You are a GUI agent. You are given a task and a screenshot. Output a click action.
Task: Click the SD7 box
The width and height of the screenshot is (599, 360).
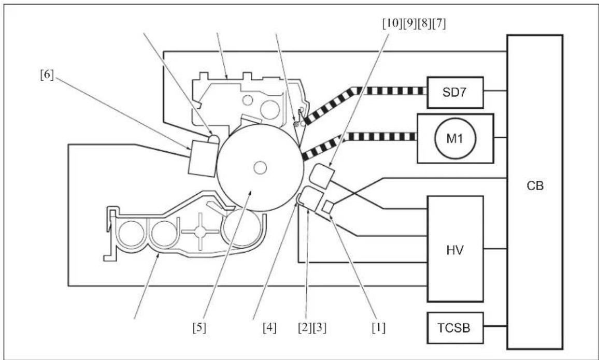click(455, 93)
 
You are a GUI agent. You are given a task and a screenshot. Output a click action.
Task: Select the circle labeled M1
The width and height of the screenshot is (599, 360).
click(454, 138)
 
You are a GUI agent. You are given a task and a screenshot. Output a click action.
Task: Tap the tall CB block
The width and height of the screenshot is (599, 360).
click(535, 192)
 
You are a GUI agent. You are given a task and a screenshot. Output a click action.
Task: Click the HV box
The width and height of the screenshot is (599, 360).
click(455, 249)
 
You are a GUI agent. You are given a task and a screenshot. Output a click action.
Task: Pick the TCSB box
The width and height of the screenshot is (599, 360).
click(455, 328)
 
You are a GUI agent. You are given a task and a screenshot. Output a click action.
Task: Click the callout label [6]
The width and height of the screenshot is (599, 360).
click(47, 75)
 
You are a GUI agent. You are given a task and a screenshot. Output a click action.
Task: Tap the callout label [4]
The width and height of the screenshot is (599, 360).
click(269, 328)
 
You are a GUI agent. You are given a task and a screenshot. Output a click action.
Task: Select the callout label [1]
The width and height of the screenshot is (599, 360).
click(378, 328)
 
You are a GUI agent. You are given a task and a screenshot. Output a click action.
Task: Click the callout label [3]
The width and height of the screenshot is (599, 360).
click(320, 328)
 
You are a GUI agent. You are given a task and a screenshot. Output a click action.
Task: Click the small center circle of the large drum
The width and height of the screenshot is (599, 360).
click(260, 167)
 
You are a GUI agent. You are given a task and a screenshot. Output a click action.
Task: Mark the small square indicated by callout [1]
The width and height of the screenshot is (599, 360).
click(328, 207)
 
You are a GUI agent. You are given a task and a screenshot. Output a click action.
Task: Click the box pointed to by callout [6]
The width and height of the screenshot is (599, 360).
click(203, 159)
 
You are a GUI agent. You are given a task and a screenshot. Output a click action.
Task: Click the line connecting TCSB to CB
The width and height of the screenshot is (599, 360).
click(495, 326)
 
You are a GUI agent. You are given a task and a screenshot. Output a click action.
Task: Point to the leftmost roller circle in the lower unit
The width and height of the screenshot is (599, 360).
click(131, 233)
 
